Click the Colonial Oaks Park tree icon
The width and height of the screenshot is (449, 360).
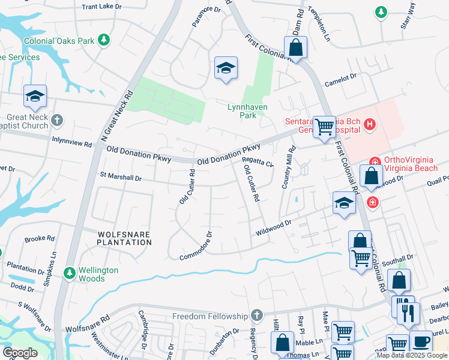pyautogui.click(x=104, y=40)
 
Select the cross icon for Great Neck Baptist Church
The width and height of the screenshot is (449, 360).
pyautogui.click(x=57, y=121)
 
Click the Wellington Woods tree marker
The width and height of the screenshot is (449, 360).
pyautogui.click(x=70, y=274)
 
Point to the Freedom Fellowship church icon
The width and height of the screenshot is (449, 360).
pyautogui.click(x=257, y=316)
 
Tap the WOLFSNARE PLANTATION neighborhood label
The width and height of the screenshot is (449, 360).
pyautogui.click(x=124, y=238)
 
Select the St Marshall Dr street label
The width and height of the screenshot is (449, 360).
pyautogui.click(x=121, y=178)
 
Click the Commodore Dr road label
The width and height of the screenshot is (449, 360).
pyautogui.click(x=196, y=246)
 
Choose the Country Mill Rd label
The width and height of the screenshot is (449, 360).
pyautogui.click(x=288, y=168)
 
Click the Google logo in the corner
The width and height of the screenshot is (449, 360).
pyautogui.click(x=19, y=352)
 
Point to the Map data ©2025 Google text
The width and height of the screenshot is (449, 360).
pyautogui.click(x=412, y=355)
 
